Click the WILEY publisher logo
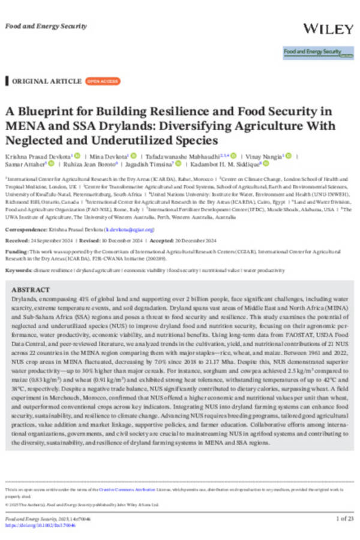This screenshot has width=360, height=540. point(329,28)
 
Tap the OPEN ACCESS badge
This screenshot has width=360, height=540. point(103,81)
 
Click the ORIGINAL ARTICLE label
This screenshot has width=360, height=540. point(47,81)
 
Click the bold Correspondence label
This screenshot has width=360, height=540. point(25,230)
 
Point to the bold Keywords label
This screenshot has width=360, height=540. point(19,271)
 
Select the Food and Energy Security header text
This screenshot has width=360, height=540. point(46,26)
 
